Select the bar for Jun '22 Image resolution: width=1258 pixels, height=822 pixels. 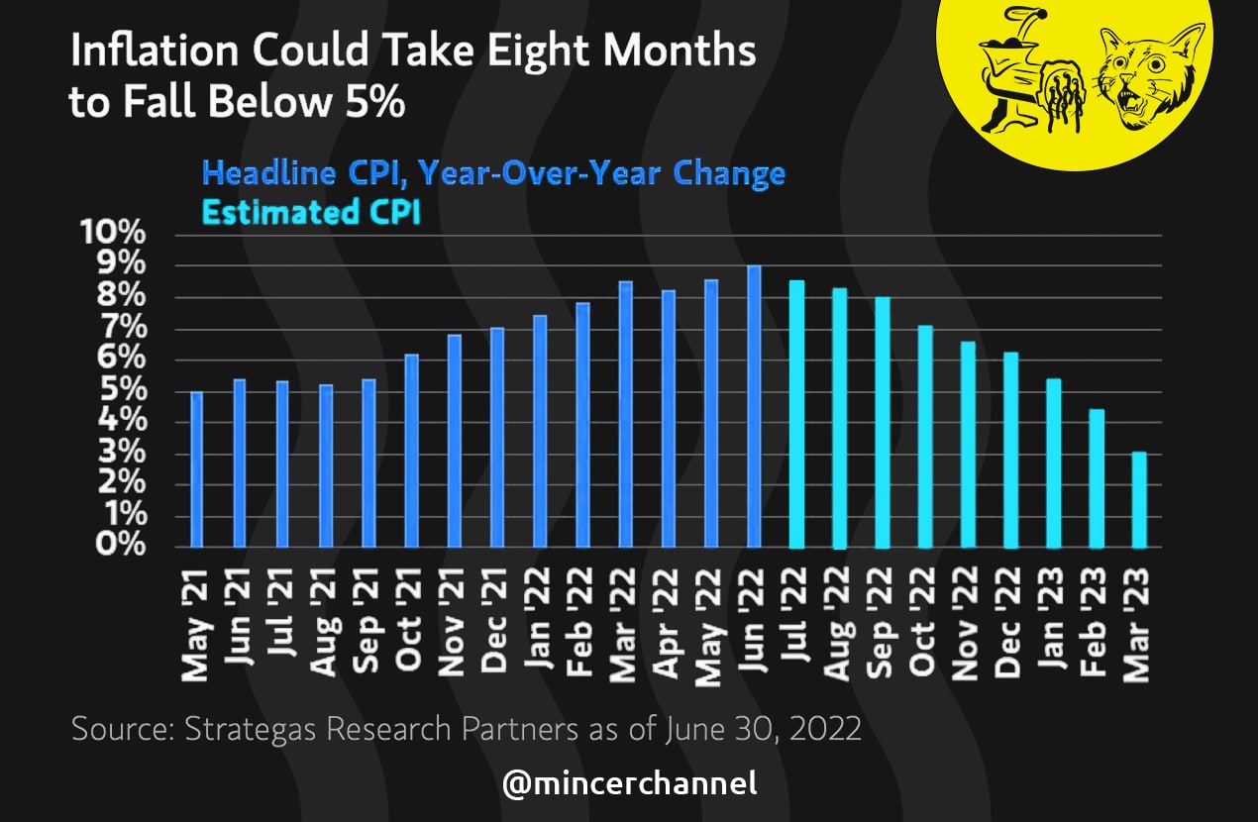click(754, 406)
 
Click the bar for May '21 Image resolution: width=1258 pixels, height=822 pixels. click(196, 469)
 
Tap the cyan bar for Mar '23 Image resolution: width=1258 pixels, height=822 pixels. click(1139, 500)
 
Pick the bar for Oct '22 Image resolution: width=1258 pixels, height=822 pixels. click(925, 437)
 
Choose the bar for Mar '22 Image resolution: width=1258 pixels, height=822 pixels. click(625, 414)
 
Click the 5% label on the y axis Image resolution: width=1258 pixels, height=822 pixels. click(122, 391)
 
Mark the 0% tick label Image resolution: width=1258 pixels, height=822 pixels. click(122, 547)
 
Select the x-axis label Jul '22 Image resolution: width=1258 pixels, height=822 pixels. click(796, 622)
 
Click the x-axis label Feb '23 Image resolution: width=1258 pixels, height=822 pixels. click(1097, 622)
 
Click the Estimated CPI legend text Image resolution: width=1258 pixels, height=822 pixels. click(311, 212)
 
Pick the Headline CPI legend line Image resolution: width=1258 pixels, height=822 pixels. click(493, 173)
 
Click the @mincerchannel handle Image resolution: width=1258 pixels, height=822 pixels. click(629, 784)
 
